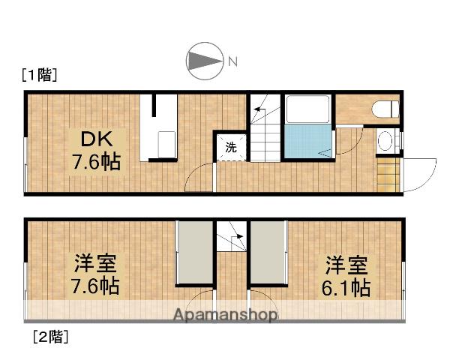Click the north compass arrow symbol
pyautogui.click(x=204, y=61)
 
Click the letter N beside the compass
pyautogui.click(x=232, y=61)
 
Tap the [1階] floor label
pyautogui.click(x=39, y=75)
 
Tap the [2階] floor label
pyautogui.click(x=49, y=337)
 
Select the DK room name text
pyautogui.click(x=94, y=139)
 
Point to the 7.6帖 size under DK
pyautogui.click(x=96, y=161)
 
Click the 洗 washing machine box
pyautogui.click(x=231, y=147)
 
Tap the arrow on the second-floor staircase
pyautogui.click(x=237, y=241)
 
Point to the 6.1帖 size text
pyautogui.click(x=346, y=286)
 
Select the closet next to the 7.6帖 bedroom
pyautogui.click(x=194, y=253)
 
